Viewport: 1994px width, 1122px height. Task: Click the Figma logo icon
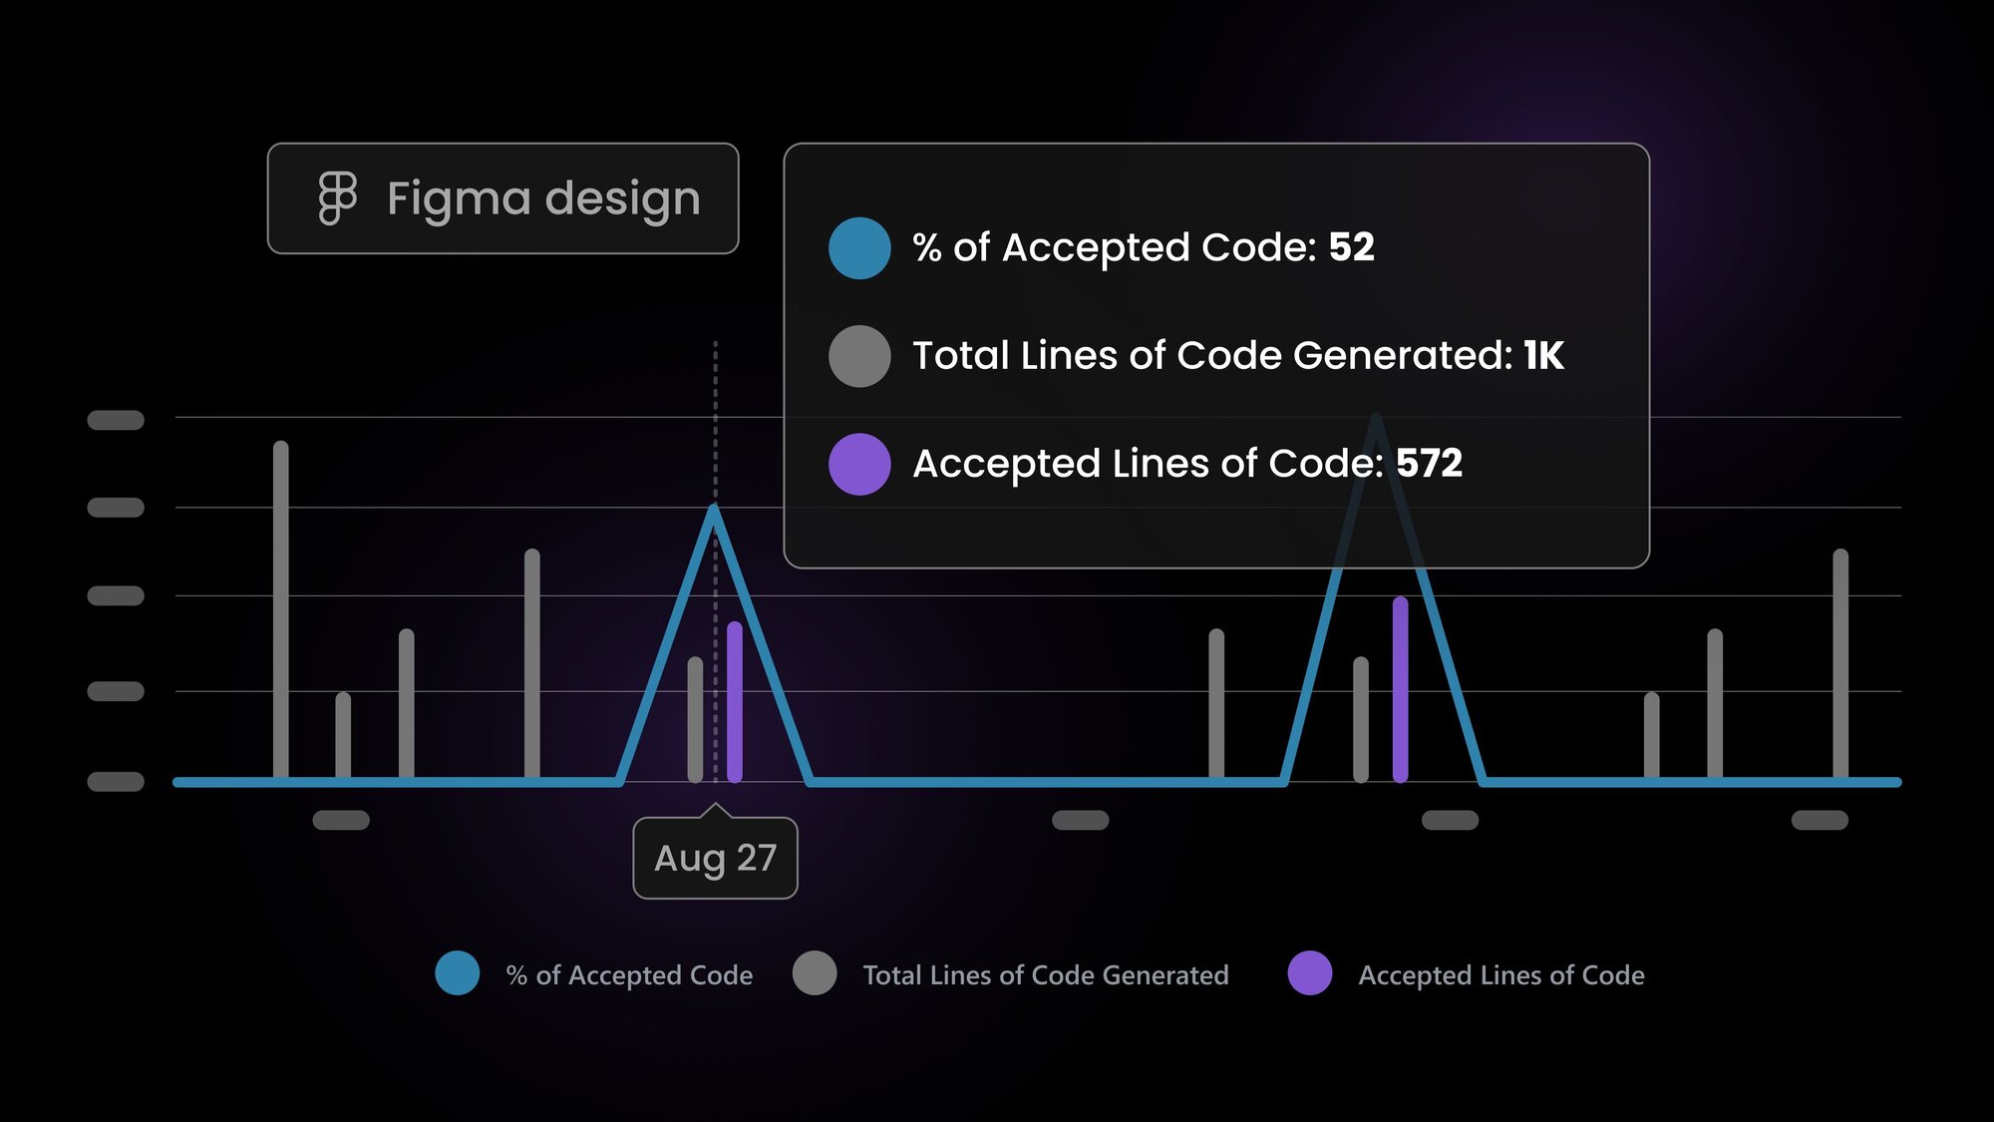[337, 198]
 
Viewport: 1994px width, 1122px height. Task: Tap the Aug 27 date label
[715, 858]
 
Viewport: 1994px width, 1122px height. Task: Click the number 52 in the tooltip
[1352, 246]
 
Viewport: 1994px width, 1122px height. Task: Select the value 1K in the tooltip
[1544, 355]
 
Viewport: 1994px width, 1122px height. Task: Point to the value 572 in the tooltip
[1430, 463]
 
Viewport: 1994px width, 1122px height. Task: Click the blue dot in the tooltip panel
[859, 247]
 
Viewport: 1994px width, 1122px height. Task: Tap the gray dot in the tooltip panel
[859, 356]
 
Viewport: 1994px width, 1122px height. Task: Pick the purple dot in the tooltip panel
[859, 464]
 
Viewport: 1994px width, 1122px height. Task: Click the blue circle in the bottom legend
[458, 973]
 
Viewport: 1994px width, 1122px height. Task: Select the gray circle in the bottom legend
[815, 973]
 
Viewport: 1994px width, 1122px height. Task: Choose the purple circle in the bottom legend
[1310, 973]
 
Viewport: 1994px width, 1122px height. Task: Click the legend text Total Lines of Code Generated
[1046, 975]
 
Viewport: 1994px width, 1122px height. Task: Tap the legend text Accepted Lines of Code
[1501, 975]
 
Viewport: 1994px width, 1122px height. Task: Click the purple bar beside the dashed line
[735, 702]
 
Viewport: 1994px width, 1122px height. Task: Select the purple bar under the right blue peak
[1401, 689]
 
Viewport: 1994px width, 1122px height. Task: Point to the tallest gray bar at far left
[281, 609]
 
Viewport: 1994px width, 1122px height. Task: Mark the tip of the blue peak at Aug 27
[714, 508]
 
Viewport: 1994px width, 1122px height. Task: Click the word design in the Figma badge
[623, 198]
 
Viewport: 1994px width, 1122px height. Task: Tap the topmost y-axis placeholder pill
[116, 420]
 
